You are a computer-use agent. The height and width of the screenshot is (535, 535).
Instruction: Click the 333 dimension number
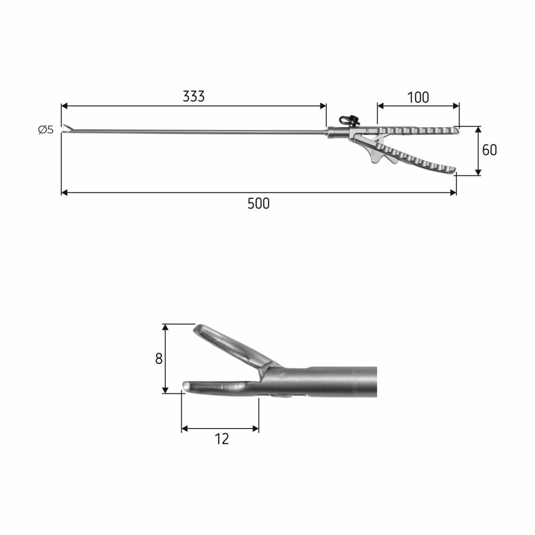coord(194,96)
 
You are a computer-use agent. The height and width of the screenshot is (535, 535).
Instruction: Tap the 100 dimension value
coord(418,97)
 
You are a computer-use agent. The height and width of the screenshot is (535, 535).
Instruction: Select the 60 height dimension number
coord(490,150)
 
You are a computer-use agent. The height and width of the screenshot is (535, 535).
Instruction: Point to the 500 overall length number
coord(258,204)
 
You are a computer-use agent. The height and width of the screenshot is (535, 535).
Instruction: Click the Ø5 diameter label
coord(46,129)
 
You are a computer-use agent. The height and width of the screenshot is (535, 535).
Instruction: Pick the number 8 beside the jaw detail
coord(159,359)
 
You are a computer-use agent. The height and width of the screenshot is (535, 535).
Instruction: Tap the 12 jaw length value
coord(221,439)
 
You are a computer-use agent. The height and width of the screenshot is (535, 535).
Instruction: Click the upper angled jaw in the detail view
coord(235,346)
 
